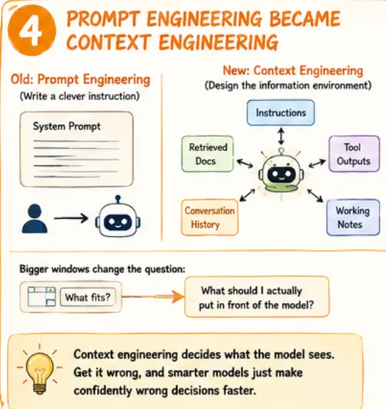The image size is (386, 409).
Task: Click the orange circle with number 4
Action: pyautogui.click(x=32, y=31)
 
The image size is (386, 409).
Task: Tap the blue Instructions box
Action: pyautogui.click(x=281, y=113)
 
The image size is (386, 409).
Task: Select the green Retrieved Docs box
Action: pyautogui.click(x=207, y=154)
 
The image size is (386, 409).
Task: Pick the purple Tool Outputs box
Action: pyautogui.click(x=354, y=154)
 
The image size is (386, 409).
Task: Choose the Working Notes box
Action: pyautogui.click(x=353, y=217)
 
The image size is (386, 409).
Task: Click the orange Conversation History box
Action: pyautogui.click(x=209, y=217)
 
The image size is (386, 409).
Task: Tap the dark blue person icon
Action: pyautogui.click(x=35, y=218)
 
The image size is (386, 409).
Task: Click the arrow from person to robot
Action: pyautogui.click(x=71, y=218)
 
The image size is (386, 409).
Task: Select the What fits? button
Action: pyautogui.click(x=88, y=297)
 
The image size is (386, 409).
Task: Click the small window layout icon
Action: pyautogui.click(x=41, y=296)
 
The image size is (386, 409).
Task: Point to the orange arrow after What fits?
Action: pyautogui.click(x=153, y=297)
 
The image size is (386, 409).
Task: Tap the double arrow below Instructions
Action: pyautogui.click(x=281, y=136)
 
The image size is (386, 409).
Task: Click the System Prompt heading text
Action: pyautogui.click(x=66, y=127)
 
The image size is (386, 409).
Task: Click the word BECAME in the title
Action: pyautogui.click(x=305, y=19)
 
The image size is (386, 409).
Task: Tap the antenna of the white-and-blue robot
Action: pyautogui.click(x=118, y=199)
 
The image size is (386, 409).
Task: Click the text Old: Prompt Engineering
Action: pyautogui.click(x=80, y=80)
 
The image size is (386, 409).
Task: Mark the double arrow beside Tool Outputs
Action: pyautogui.click(x=317, y=164)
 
